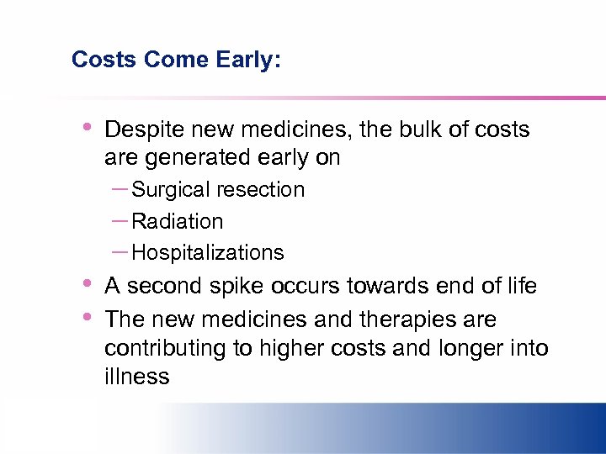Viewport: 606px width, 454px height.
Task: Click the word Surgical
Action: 172,190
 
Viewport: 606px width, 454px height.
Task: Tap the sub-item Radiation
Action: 178,221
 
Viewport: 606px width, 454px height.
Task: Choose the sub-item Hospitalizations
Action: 208,253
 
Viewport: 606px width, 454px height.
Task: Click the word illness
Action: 136,377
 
